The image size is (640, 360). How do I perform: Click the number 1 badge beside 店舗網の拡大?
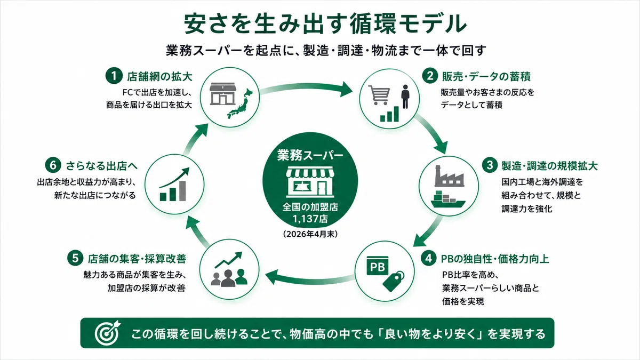tap(114, 76)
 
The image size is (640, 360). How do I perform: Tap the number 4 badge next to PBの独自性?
tap(429, 258)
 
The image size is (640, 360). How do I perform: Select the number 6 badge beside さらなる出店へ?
tap(53, 165)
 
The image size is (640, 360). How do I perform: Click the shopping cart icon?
tap(379, 95)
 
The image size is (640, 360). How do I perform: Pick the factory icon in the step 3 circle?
tap(450, 176)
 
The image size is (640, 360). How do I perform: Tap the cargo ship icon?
tap(448, 199)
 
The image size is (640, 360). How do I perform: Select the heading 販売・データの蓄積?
tap(486, 76)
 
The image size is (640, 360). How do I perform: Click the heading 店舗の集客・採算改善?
tap(137, 259)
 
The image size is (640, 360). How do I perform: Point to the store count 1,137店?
tap(310, 219)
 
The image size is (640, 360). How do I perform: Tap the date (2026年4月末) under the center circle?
tap(310, 234)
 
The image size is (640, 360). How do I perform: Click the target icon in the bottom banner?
tap(107, 333)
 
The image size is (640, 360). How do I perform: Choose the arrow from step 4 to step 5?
tap(309, 278)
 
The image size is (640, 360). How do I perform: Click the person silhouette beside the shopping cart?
tap(405, 97)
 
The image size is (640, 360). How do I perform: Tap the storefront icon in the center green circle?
tap(310, 181)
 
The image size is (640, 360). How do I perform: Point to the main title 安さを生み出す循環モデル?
tap(325, 23)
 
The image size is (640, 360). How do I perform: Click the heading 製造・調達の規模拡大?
tap(549, 166)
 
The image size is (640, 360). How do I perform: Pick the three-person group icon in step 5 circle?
tap(229, 277)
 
